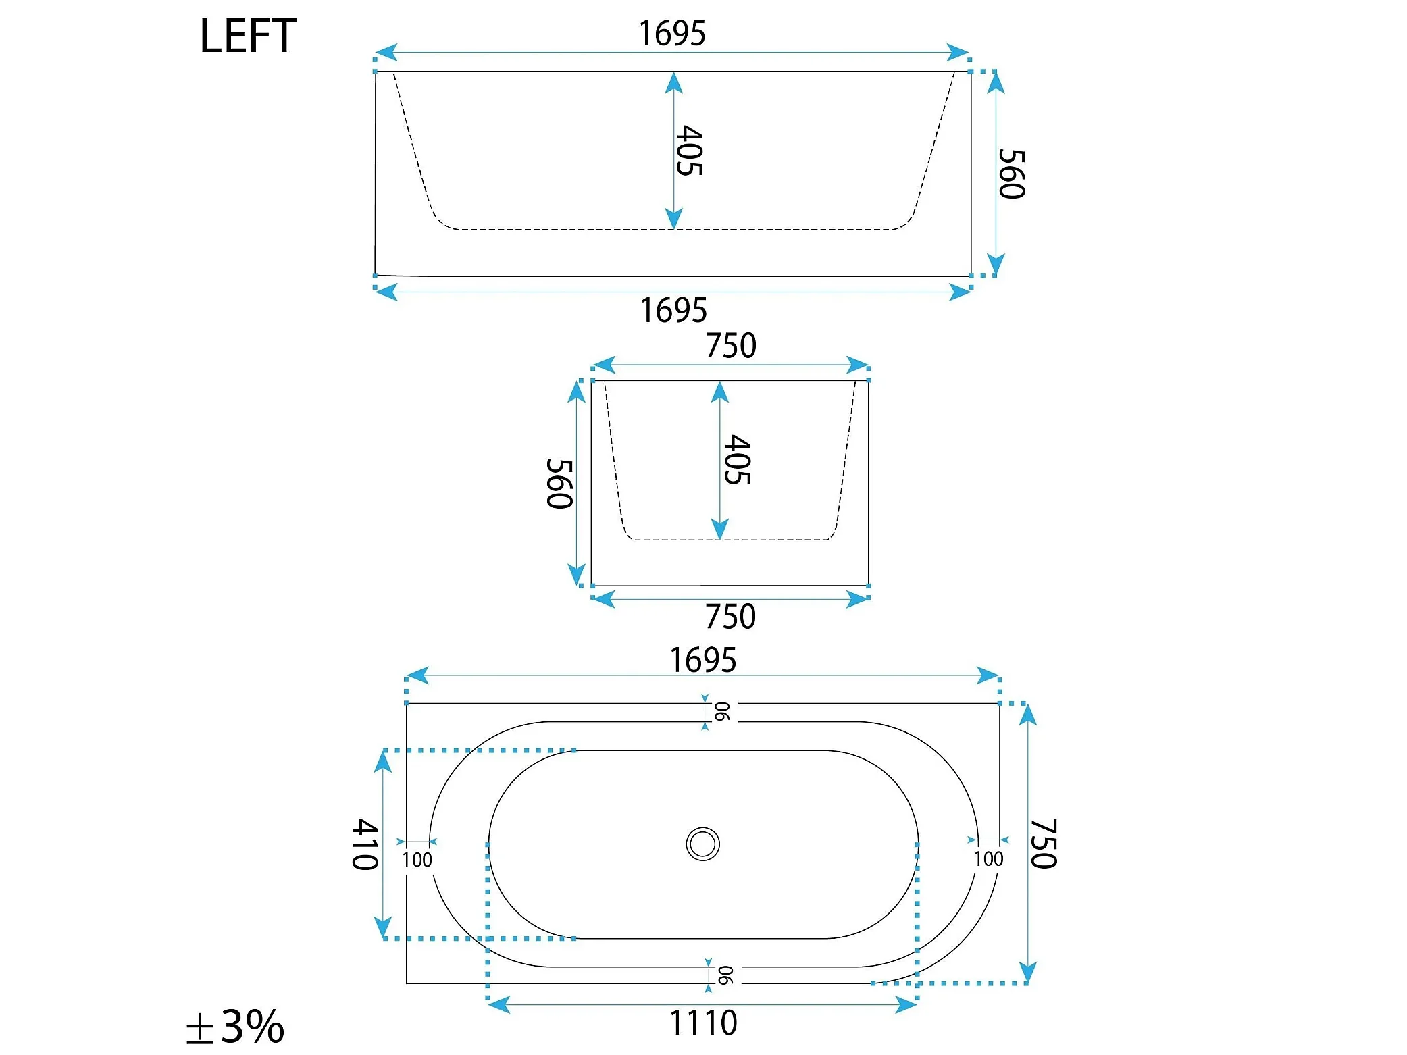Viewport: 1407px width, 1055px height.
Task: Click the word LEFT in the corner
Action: (x=248, y=36)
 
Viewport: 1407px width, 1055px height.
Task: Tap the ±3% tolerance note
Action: (x=235, y=1027)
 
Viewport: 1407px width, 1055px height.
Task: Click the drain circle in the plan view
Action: (x=703, y=844)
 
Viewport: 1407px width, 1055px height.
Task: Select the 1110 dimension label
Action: (x=703, y=1023)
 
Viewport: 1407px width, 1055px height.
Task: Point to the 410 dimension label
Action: (x=365, y=844)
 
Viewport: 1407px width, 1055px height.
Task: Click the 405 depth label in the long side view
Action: (x=690, y=151)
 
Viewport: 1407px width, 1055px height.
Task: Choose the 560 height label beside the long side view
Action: (x=1012, y=174)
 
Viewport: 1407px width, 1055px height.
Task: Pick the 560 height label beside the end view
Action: (x=560, y=484)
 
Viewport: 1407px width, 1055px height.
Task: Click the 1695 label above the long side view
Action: (x=672, y=33)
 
